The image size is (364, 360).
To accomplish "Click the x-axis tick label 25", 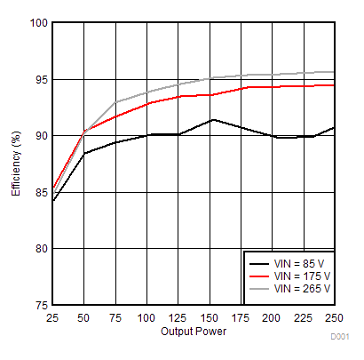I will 51,317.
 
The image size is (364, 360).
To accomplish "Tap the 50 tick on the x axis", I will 83,317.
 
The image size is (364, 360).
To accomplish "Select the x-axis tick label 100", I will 146,317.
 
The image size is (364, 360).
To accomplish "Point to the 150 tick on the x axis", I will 210,317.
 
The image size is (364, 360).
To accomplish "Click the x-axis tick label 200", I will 273,317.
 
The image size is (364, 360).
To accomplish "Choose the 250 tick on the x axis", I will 334,317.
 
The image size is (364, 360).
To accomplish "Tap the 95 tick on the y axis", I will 39,79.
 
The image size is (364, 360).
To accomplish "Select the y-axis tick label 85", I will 39,192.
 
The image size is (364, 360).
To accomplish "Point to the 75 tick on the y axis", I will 39,305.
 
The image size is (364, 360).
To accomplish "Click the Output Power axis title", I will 194,332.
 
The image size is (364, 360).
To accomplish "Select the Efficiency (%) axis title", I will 16,164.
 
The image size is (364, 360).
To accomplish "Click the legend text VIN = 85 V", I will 300,264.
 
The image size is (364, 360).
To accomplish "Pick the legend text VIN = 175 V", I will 303,276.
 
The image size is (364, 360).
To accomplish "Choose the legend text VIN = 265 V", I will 303,289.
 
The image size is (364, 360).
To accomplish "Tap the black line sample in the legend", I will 258,264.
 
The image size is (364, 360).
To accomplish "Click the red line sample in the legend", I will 258,276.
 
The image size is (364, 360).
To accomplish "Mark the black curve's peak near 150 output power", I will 210,119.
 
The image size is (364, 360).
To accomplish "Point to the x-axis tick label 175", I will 241,317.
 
